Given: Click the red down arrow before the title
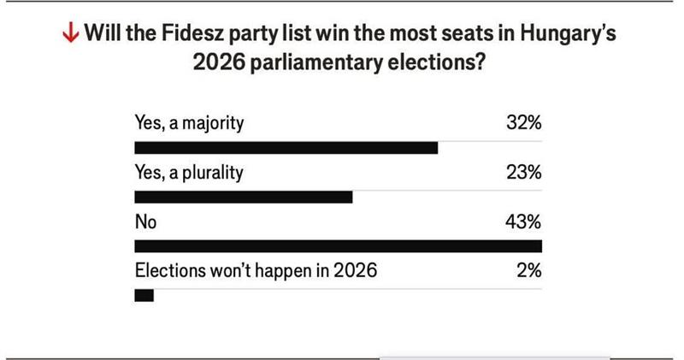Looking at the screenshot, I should tap(72, 35).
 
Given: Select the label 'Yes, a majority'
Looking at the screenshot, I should tap(189, 123).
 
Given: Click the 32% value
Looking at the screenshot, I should tap(523, 123).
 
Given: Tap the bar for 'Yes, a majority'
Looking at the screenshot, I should tap(286, 148).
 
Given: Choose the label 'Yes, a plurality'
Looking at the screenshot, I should tap(189, 173).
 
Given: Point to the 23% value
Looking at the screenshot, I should tap(523, 173).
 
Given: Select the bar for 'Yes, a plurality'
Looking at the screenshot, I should tap(244, 198).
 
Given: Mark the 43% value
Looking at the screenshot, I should tap(523, 222).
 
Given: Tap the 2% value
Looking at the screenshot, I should tap(528, 272).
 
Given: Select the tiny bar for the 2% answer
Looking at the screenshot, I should tap(144, 296).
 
